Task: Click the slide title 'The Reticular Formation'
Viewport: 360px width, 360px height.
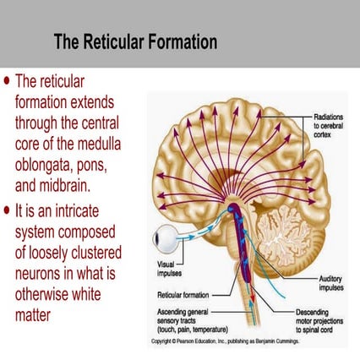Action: click(135, 41)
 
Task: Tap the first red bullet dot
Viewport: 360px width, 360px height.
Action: click(8, 82)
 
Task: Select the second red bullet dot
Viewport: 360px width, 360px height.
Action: click(8, 208)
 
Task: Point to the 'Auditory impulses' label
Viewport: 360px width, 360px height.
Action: click(330, 281)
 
